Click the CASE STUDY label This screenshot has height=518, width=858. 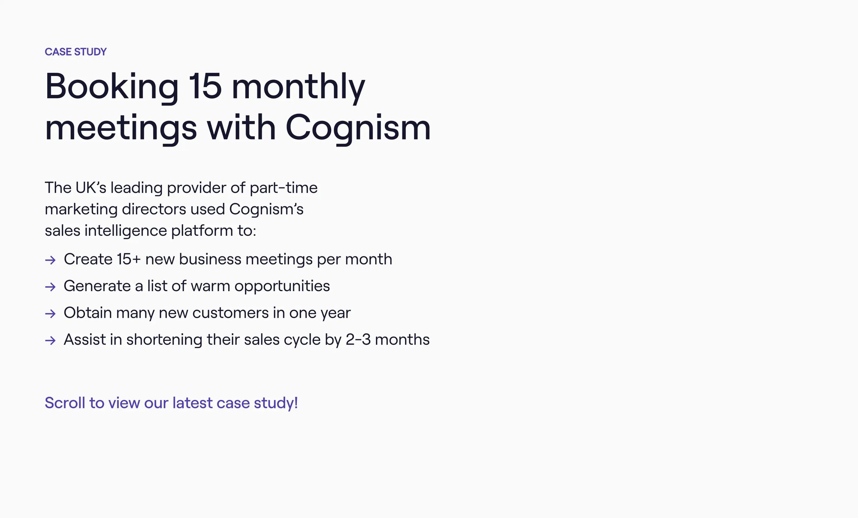[x=76, y=52]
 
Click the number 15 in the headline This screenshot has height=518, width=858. [x=205, y=86]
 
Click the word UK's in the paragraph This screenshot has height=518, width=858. [x=91, y=188]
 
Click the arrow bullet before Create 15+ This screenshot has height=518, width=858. [x=50, y=260]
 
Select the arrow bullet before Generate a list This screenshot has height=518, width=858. [x=50, y=287]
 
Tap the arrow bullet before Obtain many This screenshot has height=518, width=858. [x=50, y=313]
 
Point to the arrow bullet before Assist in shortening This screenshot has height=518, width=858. [x=50, y=340]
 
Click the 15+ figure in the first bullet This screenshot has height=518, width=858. [x=129, y=259]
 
